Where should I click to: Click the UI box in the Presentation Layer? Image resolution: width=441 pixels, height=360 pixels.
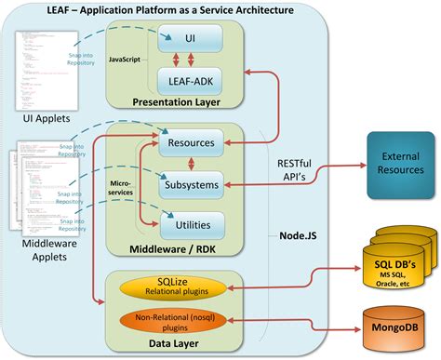pyautogui.click(x=191, y=39)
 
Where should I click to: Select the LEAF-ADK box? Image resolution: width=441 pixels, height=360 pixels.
pyautogui.click(x=191, y=81)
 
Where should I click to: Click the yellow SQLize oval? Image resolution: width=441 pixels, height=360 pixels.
pyautogui.click(x=168, y=282)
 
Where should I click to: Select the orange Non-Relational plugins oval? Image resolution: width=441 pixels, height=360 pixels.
pyautogui.click(x=168, y=319)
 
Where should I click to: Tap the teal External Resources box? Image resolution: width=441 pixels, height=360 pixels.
pyautogui.click(x=401, y=163)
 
